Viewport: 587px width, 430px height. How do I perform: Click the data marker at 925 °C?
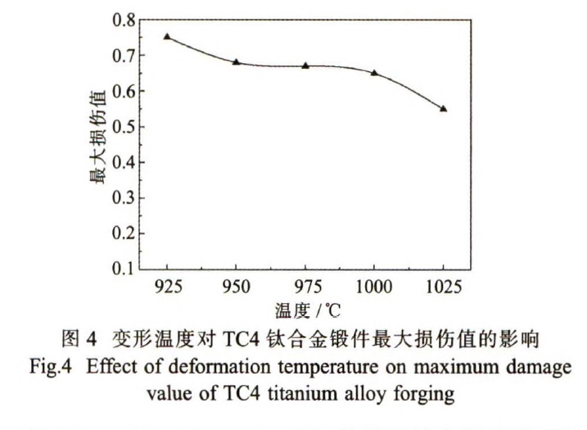pyautogui.click(x=167, y=37)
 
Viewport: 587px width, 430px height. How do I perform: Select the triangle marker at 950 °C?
pyautogui.click(x=236, y=61)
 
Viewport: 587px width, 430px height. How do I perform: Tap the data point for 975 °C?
pyautogui.click(x=305, y=66)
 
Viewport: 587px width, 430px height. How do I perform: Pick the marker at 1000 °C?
pyautogui.click(x=374, y=73)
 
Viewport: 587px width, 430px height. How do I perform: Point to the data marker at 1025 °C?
pyautogui.click(x=443, y=108)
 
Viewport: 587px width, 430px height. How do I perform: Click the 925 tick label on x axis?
pyautogui.click(x=167, y=287)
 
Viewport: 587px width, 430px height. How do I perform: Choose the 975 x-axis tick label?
pyautogui.click(x=305, y=287)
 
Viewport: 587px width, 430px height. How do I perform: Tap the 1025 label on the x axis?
pyautogui.click(x=443, y=287)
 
